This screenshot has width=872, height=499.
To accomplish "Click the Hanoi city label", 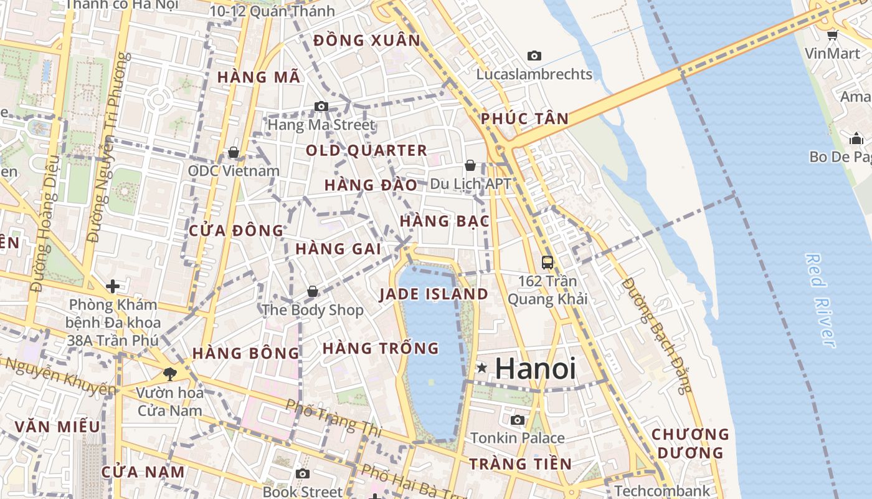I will (x=535, y=368).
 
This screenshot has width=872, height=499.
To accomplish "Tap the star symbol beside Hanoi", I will (x=481, y=368).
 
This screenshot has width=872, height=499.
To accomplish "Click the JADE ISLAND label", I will (x=434, y=294).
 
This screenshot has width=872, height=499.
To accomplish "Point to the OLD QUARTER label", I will (x=366, y=150).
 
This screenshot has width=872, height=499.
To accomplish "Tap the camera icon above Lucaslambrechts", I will (x=534, y=56).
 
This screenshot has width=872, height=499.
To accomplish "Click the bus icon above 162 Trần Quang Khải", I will (x=547, y=263).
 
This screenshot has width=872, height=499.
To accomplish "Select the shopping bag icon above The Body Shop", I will (x=313, y=291).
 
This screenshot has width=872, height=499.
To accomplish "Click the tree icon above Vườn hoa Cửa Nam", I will (x=169, y=374).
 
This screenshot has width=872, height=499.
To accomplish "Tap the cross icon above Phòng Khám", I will (x=113, y=286).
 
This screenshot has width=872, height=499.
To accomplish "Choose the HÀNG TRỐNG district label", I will (x=381, y=348).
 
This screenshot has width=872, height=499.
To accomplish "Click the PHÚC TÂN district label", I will (x=525, y=119).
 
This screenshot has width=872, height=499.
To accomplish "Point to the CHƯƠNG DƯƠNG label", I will (x=690, y=443).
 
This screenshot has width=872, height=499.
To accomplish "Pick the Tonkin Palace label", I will (x=518, y=438).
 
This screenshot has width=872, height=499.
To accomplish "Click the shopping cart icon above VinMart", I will (x=832, y=35).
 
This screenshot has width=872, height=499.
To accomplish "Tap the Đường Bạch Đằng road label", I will (x=658, y=336).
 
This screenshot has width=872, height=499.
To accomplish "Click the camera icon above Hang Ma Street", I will (x=321, y=107).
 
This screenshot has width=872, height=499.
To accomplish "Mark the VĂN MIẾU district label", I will (x=57, y=427).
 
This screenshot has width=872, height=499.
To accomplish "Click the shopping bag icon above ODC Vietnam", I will (x=234, y=152).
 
